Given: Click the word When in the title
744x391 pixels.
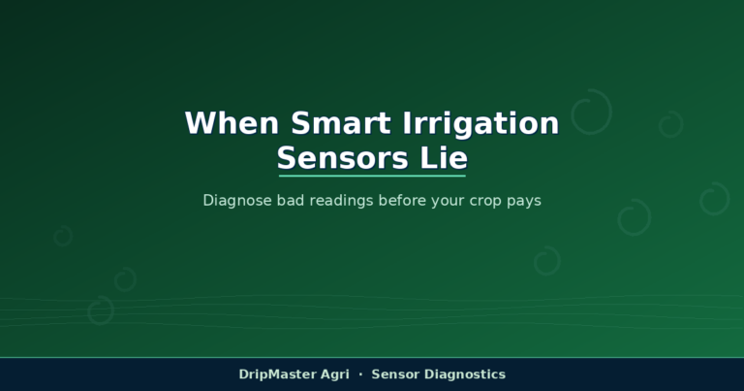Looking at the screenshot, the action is click(x=232, y=123).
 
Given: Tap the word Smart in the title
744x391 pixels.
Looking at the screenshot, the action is click(x=341, y=123).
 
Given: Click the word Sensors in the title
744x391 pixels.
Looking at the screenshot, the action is click(x=343, y=158).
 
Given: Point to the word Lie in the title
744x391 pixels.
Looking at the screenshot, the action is click(x=444, y=158).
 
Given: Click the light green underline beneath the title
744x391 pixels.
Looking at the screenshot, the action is click(x=372, y=176).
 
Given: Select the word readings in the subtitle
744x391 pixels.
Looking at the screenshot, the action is click(x=341, y=201).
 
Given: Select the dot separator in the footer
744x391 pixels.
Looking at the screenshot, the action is click(x=360, y=375).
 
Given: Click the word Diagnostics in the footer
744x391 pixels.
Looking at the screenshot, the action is click(x=465, y=375).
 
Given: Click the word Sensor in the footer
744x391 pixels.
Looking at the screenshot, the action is click(x=395, y=375).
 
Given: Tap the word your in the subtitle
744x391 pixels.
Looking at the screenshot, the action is click(x=448, y=202).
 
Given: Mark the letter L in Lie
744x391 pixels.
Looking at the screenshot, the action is click(x=428, y=158).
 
